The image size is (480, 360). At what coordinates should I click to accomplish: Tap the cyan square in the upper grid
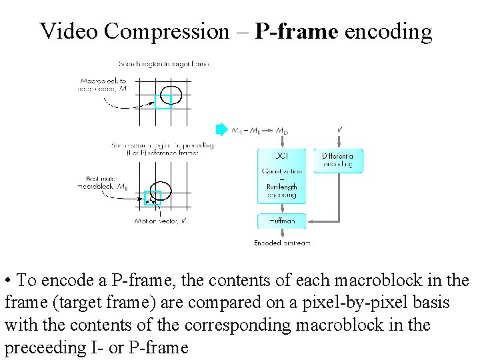[x=163, y=101]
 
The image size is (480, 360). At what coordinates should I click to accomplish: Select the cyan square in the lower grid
[x=153, y=198]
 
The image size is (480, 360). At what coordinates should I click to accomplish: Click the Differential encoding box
[x=338, y=161]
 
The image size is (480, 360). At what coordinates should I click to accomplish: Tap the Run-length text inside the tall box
[x=282, y=187]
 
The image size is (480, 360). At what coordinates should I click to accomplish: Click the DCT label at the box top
[x=282, y=155]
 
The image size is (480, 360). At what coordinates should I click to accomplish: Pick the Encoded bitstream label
[x=282, y=243]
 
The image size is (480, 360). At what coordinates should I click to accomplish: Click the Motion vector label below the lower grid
[x=160, y=221]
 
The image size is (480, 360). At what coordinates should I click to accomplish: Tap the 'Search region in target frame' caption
[x=164, y=64]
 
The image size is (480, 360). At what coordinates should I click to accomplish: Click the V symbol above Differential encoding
[x=340, y=129]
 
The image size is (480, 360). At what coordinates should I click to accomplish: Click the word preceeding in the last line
[x=39, y=348]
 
